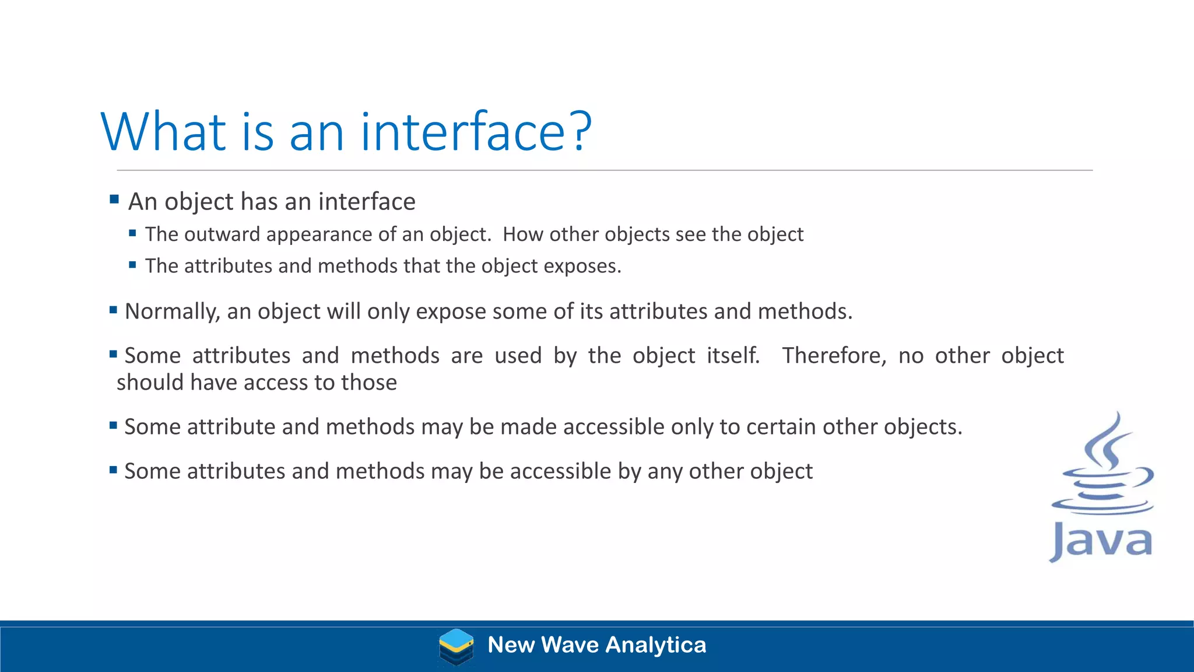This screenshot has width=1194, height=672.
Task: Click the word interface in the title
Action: pos(463,132)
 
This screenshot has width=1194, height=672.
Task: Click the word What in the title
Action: pos(163,132)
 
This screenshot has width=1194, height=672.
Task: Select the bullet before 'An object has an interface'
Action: pos(114,199)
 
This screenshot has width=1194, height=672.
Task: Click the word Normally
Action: pos(172,311)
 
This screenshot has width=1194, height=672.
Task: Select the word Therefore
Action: pos(833,356)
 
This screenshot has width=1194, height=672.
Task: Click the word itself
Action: pos(733,356)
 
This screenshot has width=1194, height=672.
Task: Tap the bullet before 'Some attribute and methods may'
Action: pos(113,425)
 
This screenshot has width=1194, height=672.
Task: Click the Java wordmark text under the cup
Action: pos(1101,541)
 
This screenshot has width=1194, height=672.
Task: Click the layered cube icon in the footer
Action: pos(456,646)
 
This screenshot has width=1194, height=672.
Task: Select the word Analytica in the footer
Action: pos(655,645)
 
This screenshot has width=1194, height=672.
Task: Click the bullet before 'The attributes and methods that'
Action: pos(132,265)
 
